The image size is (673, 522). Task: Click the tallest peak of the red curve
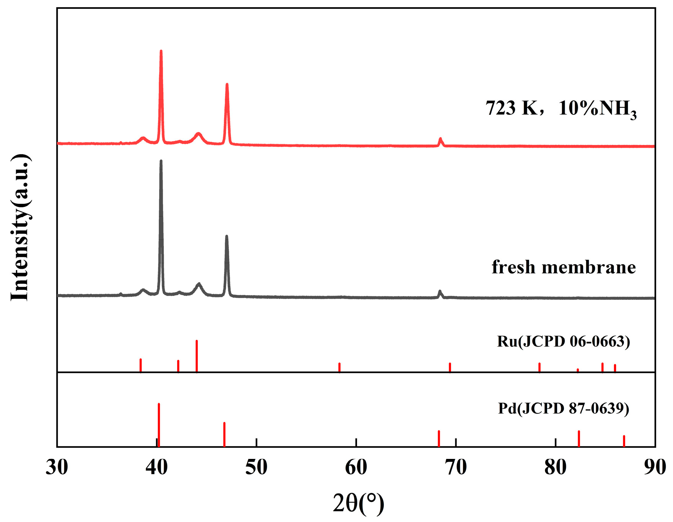[161, 51]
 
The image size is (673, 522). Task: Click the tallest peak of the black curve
[161, 161]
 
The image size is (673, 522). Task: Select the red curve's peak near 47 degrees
[227, 85]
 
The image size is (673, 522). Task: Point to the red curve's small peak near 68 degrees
[440, 139]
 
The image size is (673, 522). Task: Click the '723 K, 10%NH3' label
[561, 109]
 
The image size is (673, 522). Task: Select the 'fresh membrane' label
[564, 267]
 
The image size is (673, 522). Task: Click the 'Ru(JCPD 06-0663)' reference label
[564, 341]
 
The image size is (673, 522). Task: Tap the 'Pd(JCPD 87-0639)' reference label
[564, 408]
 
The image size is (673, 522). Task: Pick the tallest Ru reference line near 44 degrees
[197, 356]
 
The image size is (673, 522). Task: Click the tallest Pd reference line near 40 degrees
[159, 424]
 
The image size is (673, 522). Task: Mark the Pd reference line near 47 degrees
[224, 434]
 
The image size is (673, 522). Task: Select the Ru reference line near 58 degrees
[339, 367]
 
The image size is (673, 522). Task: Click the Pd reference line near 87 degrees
[624, 441]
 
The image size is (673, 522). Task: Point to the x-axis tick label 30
[57, 467]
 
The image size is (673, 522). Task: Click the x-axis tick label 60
[356, 467]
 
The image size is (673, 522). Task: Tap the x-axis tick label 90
[655, 467]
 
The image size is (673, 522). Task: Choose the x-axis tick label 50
[256, 467]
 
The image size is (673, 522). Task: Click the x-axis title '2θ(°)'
[358, 503]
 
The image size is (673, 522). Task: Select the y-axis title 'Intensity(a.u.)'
[20, 228]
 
